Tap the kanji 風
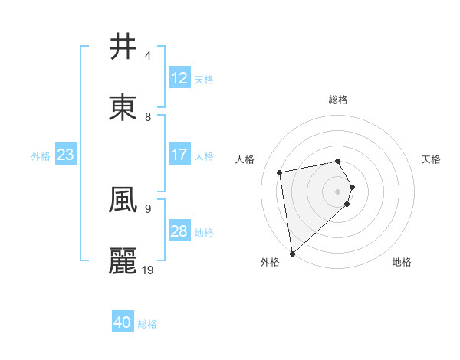[123, 201]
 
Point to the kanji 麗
[123, 260]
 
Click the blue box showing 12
[179, 78]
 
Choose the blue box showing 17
[179, 155]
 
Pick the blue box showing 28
[179, 231]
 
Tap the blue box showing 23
[65, 155]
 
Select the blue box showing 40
[123, 322]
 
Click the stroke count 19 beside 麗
[148, 270]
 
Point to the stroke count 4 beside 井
[148, 56]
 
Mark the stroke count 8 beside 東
[148, 116]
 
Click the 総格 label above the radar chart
[338, 100]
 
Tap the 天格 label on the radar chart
[431, 159]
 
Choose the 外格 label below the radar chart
[270, 262]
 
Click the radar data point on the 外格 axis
[292, 253]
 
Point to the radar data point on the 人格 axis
[280, 172]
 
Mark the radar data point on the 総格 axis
[338, 161]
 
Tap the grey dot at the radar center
[338, 191]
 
